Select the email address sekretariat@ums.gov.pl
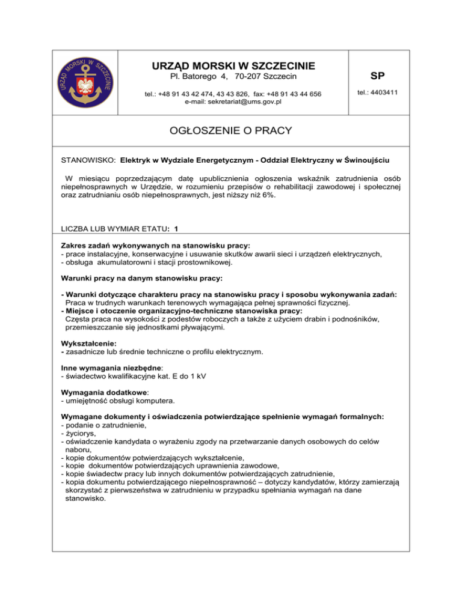232,102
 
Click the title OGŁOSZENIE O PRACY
231,130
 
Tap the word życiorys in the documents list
82,433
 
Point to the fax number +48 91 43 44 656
291,94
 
